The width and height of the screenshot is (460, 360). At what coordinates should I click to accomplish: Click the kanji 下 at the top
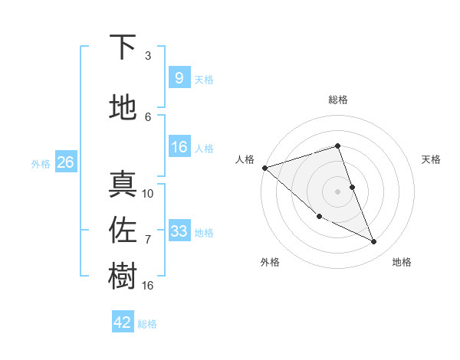tap(123, 47)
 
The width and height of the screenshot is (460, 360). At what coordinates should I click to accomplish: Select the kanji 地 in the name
tap(123, 108)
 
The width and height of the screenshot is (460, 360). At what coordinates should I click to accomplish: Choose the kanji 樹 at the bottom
tap(123, 277)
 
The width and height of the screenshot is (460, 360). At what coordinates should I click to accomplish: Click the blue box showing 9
tap(179, 78)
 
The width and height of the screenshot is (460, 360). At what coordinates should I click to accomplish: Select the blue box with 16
tap(179, 147)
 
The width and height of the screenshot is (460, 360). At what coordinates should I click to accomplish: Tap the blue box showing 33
tap(179, 231)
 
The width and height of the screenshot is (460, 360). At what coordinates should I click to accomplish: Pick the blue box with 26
tap(65, 162)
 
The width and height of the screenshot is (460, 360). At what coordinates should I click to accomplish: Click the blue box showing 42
tap(123, 322)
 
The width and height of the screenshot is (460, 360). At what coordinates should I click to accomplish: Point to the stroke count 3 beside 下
tap(148, 56)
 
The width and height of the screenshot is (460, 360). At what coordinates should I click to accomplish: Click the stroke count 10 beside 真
tap(148, 194)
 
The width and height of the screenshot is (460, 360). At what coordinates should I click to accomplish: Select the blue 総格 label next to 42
tap(147, 324)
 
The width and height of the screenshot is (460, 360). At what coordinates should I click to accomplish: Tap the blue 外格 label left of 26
tap(41, 164)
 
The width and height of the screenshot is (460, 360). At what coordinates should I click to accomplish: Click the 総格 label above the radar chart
tap(338, 100)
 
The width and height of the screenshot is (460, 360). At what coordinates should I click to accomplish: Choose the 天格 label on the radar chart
tap(432, 159)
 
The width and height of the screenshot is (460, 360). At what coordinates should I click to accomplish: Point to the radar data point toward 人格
tap(264, 168)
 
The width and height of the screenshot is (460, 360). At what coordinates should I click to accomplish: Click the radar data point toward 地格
tap(373, 241)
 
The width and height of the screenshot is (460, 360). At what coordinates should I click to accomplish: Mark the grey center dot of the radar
tap(338, 191)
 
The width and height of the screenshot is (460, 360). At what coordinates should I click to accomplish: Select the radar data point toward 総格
tap(338, 146)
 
